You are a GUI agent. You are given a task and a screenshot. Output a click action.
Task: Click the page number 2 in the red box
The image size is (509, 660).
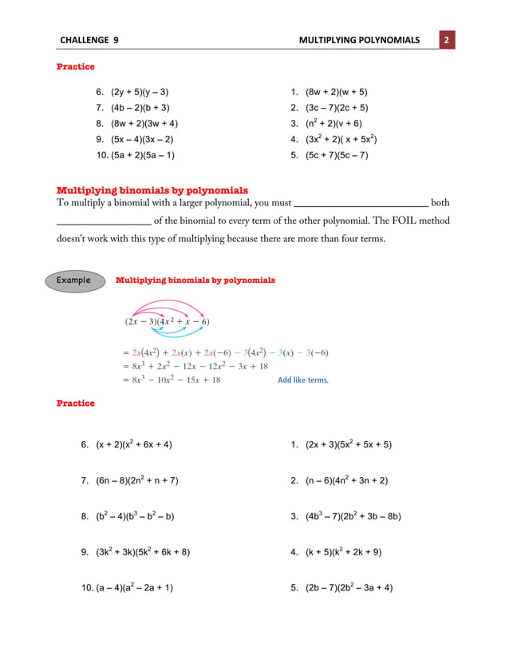(447, 40)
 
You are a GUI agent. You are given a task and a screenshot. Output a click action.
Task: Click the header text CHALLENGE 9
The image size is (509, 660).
(89, 40)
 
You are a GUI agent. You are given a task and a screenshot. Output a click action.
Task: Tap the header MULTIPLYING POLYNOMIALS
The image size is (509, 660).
(358, 40)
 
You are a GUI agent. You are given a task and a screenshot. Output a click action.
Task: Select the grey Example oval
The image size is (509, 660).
(74, 280)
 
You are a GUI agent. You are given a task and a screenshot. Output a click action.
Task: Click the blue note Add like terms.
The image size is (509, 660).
(302, 380)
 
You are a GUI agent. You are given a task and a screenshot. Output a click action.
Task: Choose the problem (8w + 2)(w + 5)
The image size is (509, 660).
(336, 92)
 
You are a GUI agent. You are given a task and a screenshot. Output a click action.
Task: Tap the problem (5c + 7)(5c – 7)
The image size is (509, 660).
(336, 156)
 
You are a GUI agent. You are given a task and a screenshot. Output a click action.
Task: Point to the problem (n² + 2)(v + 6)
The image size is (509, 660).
(333, 124)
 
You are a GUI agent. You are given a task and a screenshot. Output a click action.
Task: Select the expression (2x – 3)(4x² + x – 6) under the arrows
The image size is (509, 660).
(167, 322)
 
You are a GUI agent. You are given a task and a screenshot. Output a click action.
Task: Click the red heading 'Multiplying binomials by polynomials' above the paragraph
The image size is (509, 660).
(152, 190)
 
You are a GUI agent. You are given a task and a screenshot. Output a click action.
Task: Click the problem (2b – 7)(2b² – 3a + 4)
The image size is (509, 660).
(349, 588)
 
